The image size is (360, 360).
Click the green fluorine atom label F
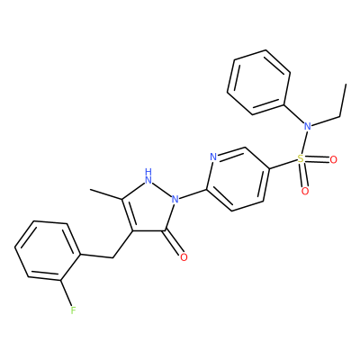pyautogui.click(x=73, y=310)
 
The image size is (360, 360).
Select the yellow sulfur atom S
pyautogui.click(x=301, y=158)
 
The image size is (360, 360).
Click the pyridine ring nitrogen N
pyautogui.click(x=213, y=157)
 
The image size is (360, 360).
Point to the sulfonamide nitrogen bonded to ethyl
pyautogui.click(x=308, y=126)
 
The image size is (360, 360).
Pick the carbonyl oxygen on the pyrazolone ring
pyautogui.click(x=184, y=257)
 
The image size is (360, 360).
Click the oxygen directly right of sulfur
pyautogui.click(x=333, y=160)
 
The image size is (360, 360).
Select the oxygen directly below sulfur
pyautogui.click(x=305, y=191)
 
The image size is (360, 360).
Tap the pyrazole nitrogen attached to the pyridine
pyautogui.click(x=175, y=199)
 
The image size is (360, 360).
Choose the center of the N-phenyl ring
pyautogui.click(x=258, y=82)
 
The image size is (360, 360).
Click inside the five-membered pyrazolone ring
pyautogui.click(x=150, y=209)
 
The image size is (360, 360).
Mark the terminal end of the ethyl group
pyautogui.click(x=346, y=85)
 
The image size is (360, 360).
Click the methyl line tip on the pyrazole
pyautogui.click(x=90, y=190)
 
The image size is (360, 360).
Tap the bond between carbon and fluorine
pyautogui.click(x=66, y=292)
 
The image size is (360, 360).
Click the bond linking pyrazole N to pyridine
pyautogui.click(x=193, y=193)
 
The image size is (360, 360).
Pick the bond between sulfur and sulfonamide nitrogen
pyautogui.click(x=304, y=142)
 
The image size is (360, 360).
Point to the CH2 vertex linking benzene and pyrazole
pyautogui.click(x=112, y=257)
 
